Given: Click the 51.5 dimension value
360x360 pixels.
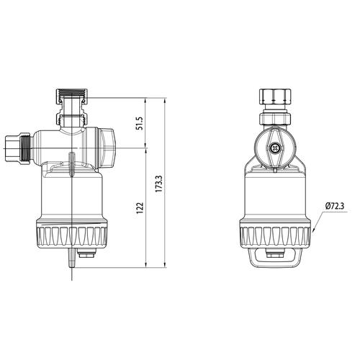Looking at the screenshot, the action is pyautogui.click(x=140, y=123).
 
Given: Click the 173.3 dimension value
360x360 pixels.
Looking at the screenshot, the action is pyautogui.click(x=158, y=184).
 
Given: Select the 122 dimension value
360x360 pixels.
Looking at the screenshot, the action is pyautogui.click(x=140, y=208).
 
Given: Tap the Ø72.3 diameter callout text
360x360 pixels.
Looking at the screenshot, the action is pyautogui.click(x=335, y=206).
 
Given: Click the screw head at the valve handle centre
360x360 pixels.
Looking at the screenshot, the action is pyautogui.click(x=274, y=149).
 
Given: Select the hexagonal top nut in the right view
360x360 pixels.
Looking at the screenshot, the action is pyautogui.click(x=275, y=96).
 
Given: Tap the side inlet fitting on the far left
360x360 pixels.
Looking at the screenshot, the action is pyautogui.click(x=17, y=149).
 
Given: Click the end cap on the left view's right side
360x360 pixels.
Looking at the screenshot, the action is pyautogui.click(x=107, y=148).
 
